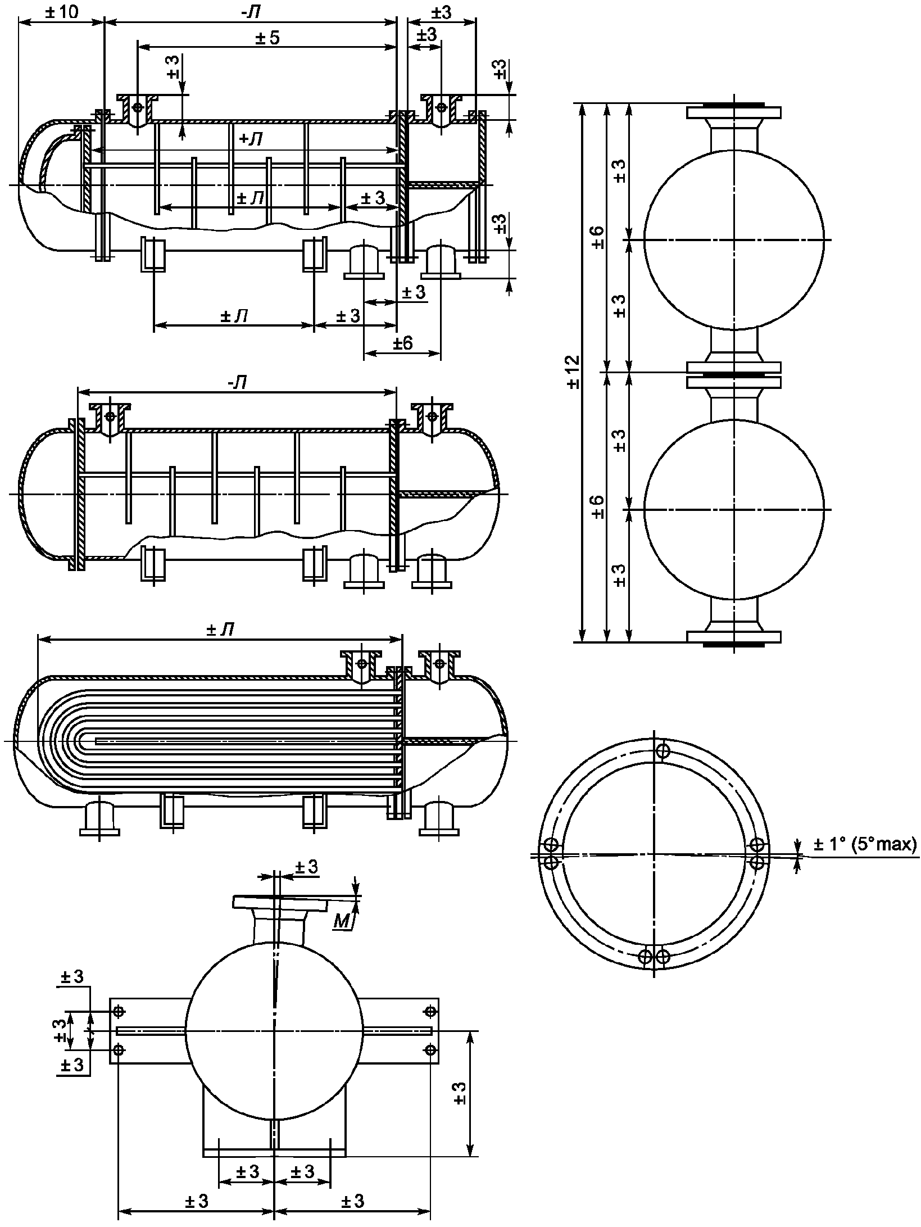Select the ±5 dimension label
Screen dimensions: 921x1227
point(267,38)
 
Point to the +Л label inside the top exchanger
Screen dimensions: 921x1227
point(251,139)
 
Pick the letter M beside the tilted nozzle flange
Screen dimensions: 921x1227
point(341,920)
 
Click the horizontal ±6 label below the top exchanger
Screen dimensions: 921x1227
point(402,342)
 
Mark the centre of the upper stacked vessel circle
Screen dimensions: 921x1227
point(734,239)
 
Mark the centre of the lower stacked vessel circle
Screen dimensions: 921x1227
point(734,509)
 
